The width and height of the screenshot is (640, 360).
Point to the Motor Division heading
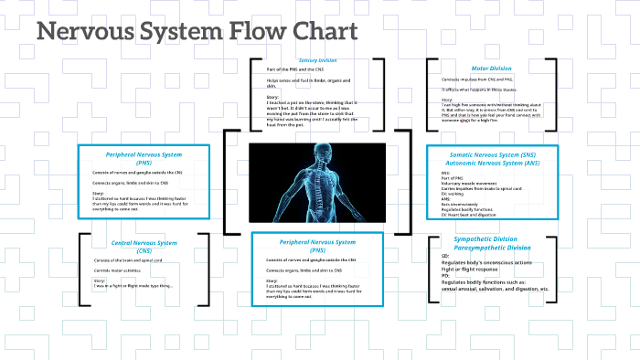[x=492, y=68]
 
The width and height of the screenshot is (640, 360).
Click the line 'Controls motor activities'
[x=114, y=270]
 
